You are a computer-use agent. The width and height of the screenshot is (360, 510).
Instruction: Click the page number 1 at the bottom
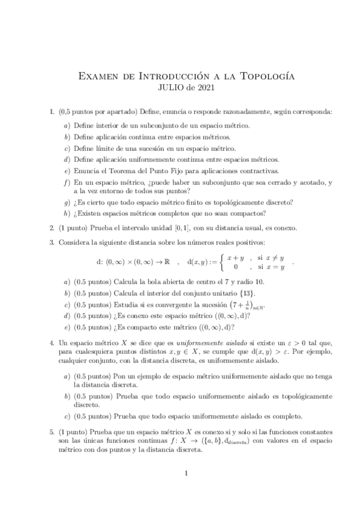coord(187,473)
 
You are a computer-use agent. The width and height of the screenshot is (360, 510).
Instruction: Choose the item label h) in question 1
coord(66,212)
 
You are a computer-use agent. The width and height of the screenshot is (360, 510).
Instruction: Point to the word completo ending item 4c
coord(286,415)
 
